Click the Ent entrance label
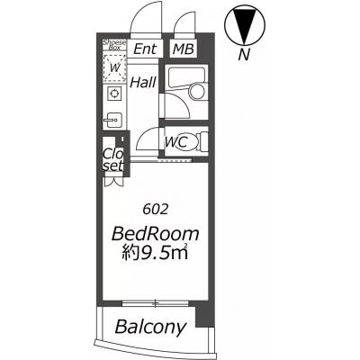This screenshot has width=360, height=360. (x=145, y=49)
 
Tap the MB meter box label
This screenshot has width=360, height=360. (x=184, y=49)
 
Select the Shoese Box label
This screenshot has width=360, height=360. (x=114, y=45)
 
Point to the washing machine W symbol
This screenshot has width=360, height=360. (x=114, y=68)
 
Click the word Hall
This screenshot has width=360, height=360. (x=143, y=82)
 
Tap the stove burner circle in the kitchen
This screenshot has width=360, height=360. (x=114, y=94)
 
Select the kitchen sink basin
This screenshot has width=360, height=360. (x=113, y=121)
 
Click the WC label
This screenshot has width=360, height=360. (x=176, y=142)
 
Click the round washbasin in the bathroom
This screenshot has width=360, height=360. (x=197, y=91)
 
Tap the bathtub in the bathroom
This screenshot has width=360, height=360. (x=184, y=77)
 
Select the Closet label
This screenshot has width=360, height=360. (x=113, y=159)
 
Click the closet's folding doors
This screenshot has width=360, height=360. (x=113, y=182)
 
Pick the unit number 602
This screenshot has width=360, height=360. (x=155, y=210)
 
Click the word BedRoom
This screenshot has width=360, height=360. (x=156, y=234)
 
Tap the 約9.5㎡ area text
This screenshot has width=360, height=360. (x=155, y=253)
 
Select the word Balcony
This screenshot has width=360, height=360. (x=150, y=327)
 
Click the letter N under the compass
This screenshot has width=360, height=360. (x=245, y=55)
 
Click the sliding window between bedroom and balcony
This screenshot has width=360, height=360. (x=155, y=303)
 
